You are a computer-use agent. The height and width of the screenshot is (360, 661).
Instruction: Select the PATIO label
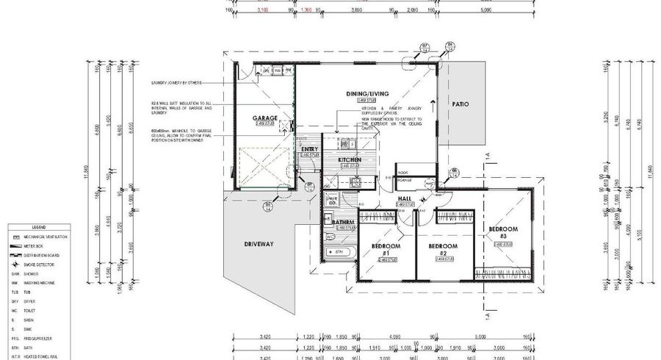[x=460, y=104]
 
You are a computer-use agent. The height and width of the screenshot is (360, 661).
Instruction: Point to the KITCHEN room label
[x=349, y=159]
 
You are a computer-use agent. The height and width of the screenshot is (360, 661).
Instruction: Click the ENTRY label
[x=310, y=149]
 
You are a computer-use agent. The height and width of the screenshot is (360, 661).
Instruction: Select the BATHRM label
[x=343, y=222]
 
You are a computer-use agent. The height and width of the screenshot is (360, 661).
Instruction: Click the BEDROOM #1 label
[x=384, y=249]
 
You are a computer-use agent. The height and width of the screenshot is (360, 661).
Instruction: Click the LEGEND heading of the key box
[x=38, y=228]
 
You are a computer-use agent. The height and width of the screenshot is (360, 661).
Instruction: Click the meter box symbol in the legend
[x=15, y=246]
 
